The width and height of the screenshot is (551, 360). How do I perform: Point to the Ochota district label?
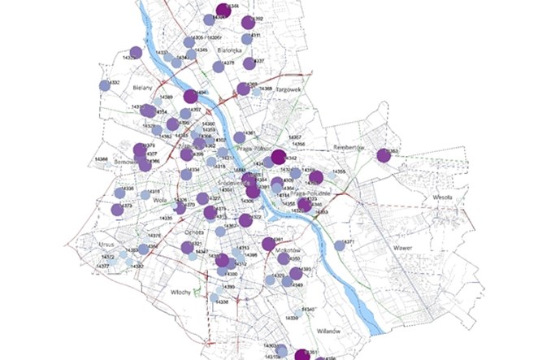[193, 232]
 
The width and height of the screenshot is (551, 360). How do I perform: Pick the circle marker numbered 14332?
[104, 85]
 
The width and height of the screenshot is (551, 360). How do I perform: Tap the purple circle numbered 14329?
[136, 53]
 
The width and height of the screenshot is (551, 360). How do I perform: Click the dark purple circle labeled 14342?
[278, 157]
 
